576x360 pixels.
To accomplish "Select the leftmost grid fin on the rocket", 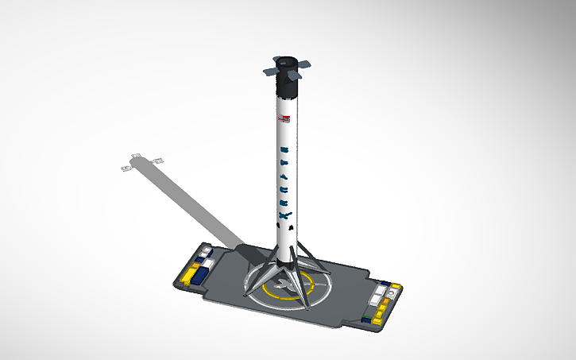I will [271, 72].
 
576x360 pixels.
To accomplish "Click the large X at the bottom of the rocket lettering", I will [285, 212].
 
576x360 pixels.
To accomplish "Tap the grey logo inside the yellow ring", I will [283, 285].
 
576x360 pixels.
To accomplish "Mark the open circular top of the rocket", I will [286, 60].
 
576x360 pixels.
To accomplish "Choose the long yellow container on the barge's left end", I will [191, 275].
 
